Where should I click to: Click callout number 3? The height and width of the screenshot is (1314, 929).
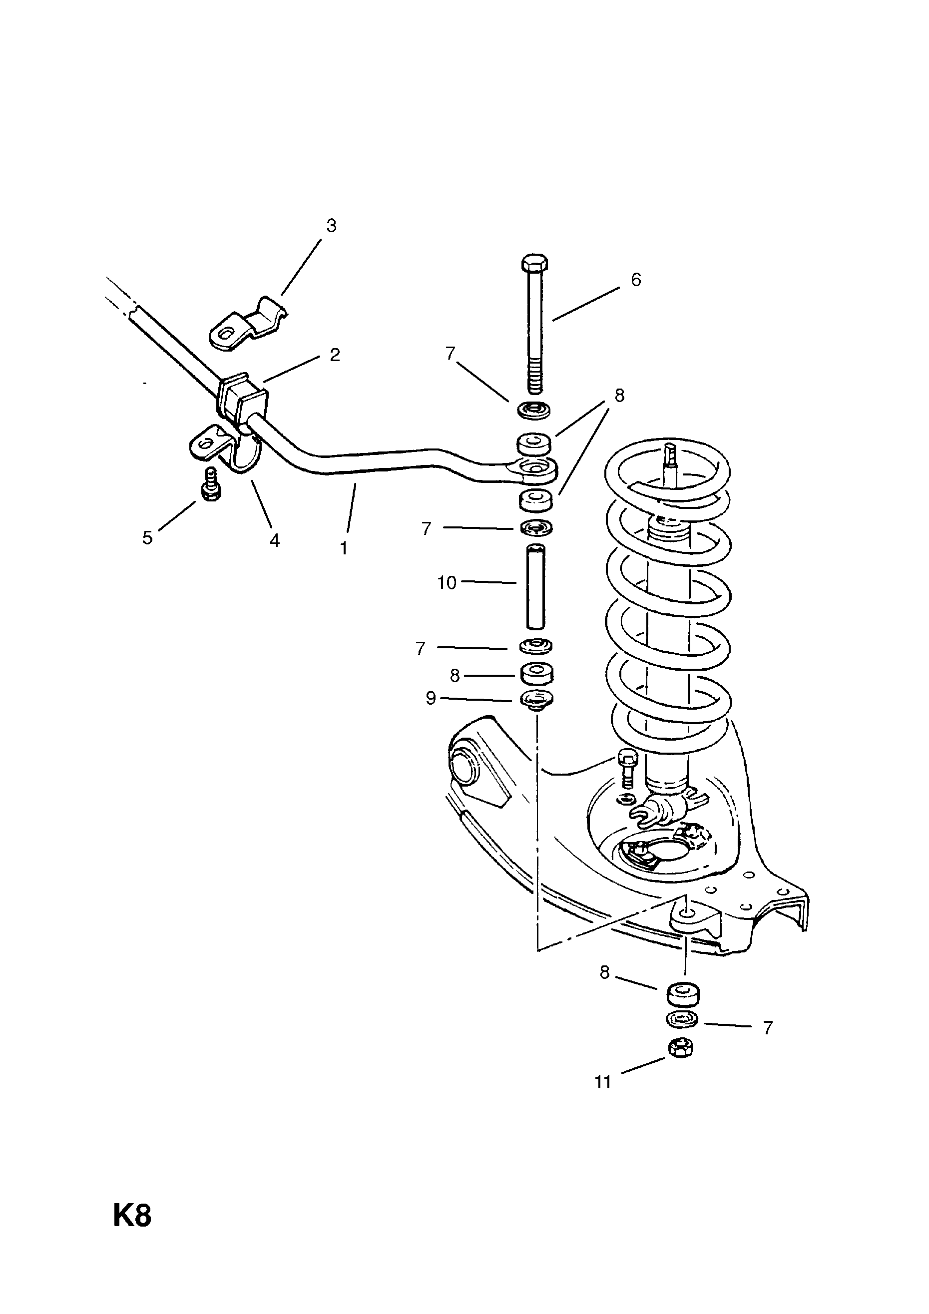click(332, 226)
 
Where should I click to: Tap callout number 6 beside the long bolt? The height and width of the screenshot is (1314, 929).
click(636, 280)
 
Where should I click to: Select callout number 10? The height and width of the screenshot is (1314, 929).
click(447, 583)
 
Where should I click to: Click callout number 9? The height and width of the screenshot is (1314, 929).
click(431, 698)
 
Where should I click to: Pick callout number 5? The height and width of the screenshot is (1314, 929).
click(148, 537)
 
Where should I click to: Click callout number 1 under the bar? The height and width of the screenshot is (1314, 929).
click(344, 548)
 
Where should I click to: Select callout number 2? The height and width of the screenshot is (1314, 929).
click(335, 355)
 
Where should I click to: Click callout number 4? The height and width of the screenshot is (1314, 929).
click(275, 540)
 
